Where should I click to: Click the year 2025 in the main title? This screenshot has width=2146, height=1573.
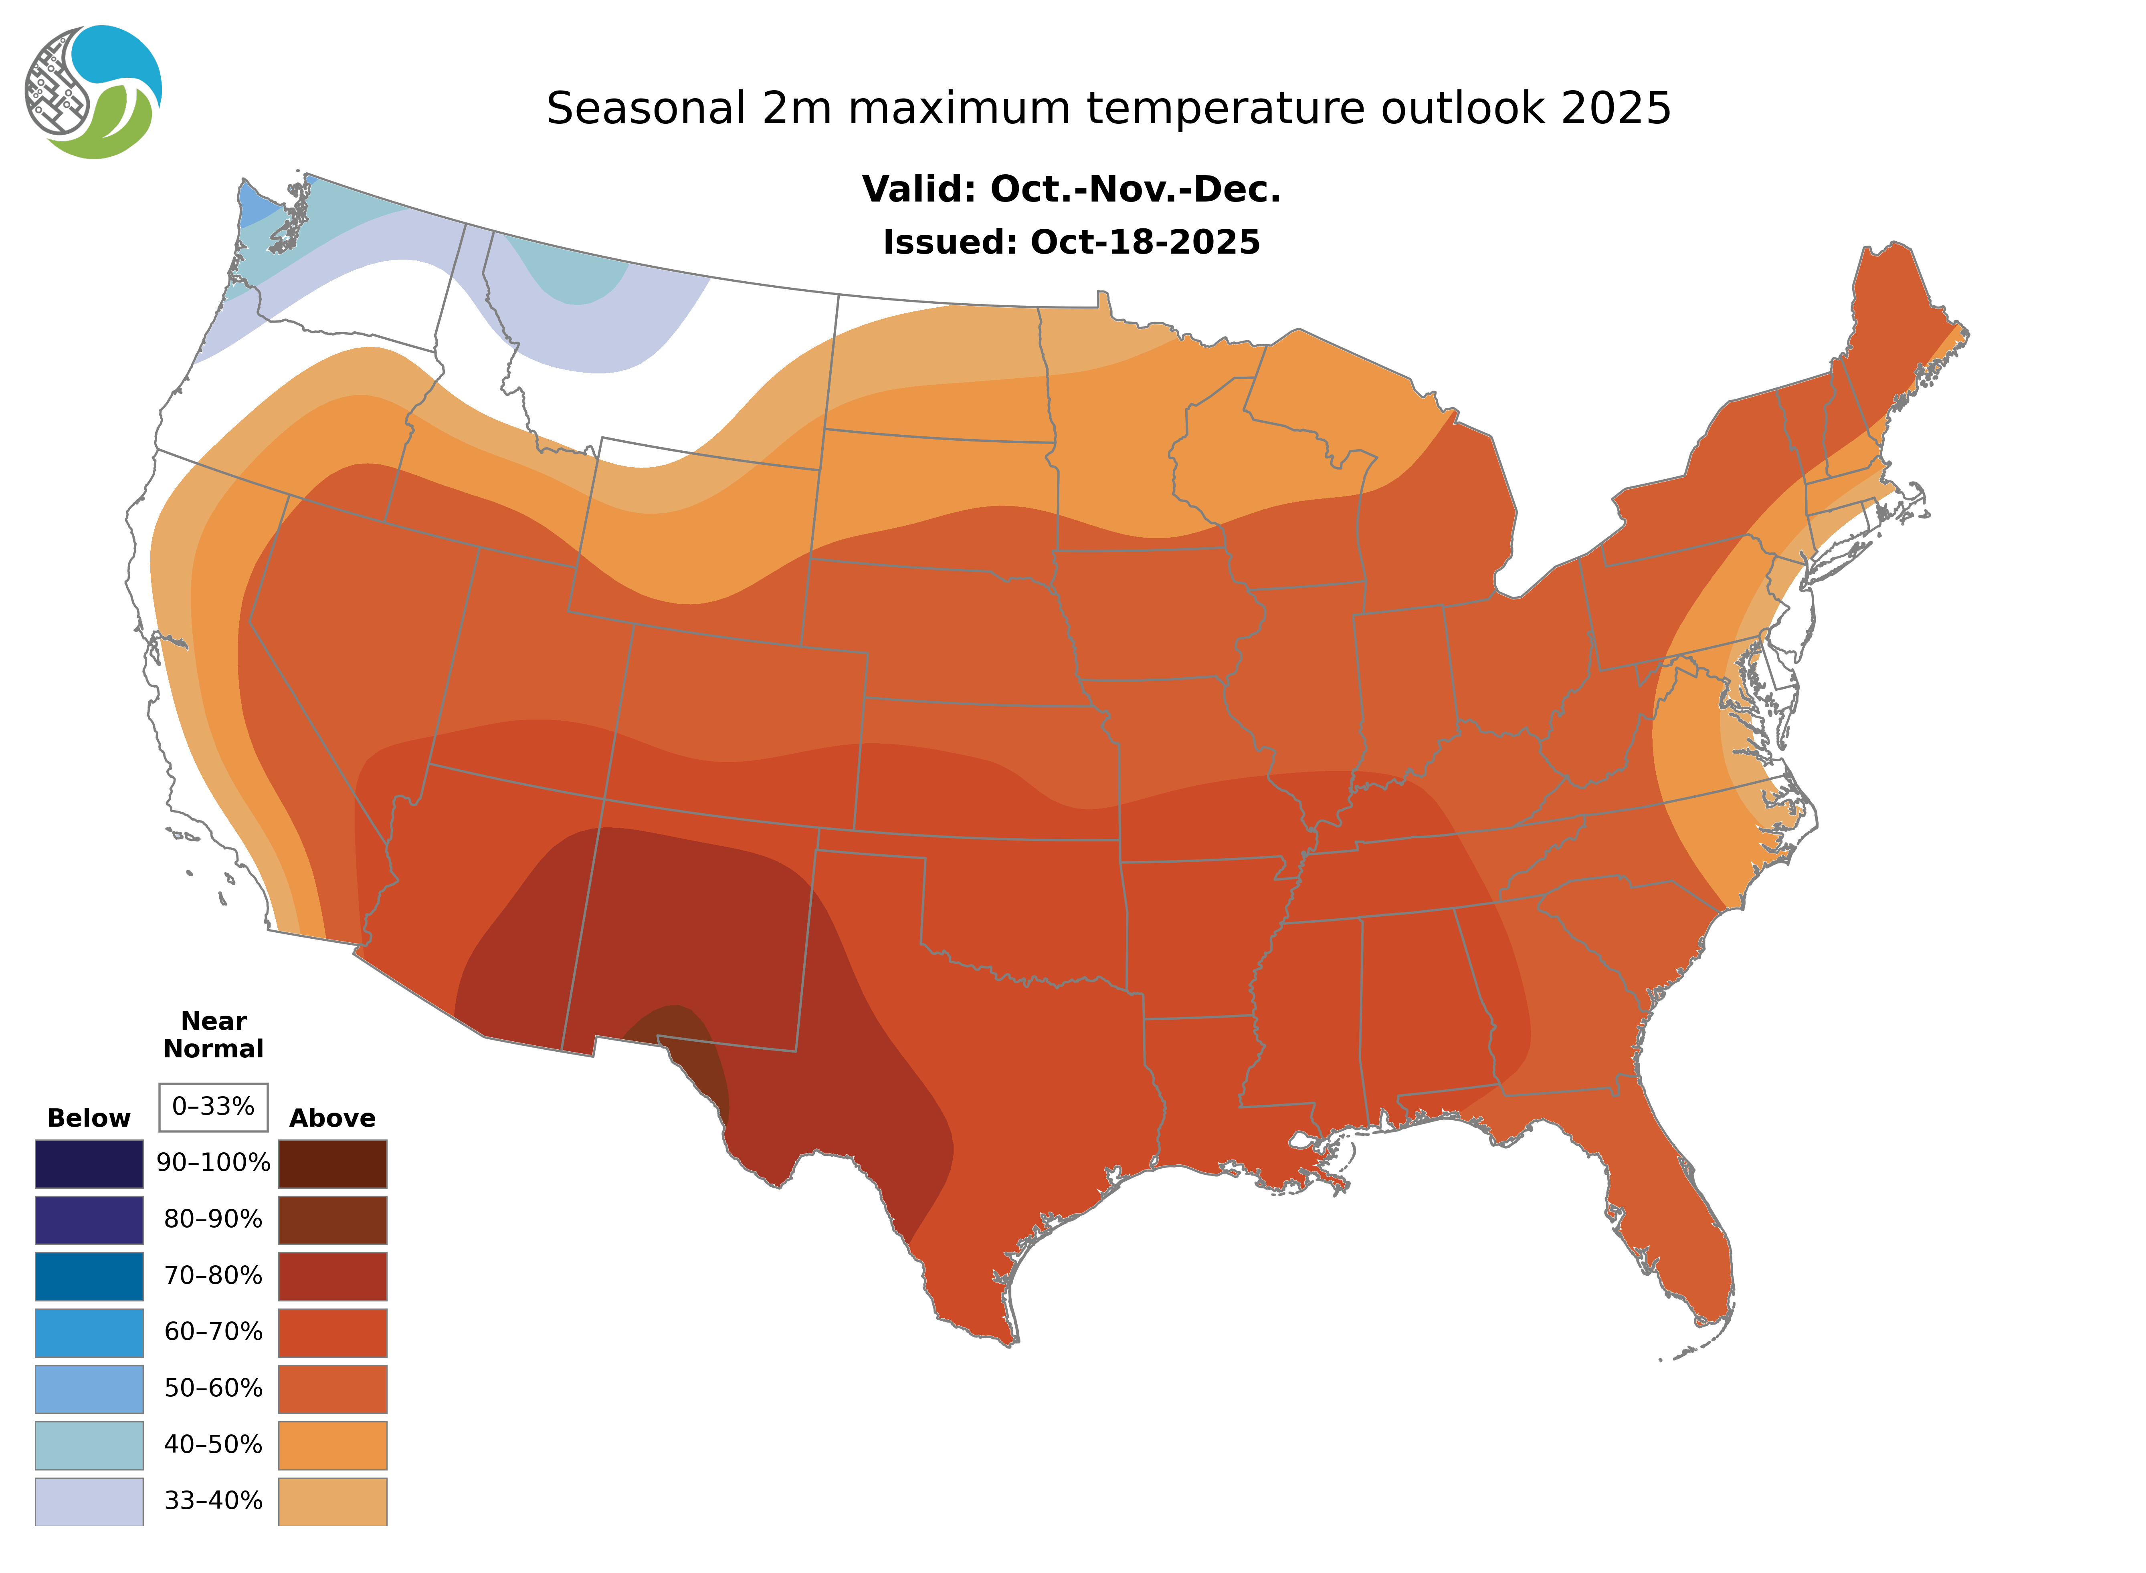tap(1615, 109)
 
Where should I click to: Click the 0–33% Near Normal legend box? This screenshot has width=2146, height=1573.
tap(213, 1107)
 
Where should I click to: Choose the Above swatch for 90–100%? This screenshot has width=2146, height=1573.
tap(332, 1164)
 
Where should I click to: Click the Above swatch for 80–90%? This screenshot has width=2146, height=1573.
tap(332, 1220)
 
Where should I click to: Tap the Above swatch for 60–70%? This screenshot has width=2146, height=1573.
tap(332, 1332)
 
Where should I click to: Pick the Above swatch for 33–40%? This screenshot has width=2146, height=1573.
tap(332, 1500)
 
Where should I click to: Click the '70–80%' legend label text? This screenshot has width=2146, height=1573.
tap(213, 1276)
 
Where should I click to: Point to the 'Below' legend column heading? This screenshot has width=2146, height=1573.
tap(89, 1118)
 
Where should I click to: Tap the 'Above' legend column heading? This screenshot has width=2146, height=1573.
tap(332, 1118)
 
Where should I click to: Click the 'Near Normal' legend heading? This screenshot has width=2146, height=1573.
tap(213, 1035)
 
